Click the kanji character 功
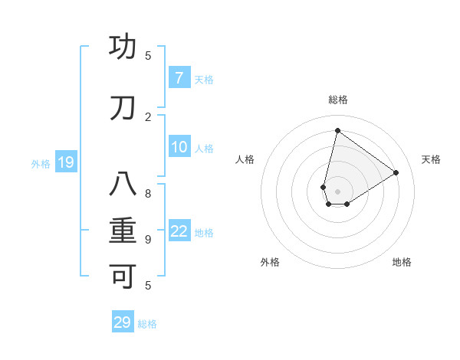(x=123, y=47)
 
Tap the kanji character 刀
(x=123, y=109)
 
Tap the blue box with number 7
(x=179, y=78)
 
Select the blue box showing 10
(x=179, y=147)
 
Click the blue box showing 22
(x=179, y=231)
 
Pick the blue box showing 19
(x=65, y=162)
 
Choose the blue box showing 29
(x=122, y=322)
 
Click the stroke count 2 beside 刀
(x=148, y=116)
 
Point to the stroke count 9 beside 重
(x=148, y=239)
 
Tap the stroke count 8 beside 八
(x=148, y=193)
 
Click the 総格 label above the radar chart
(x=338, y=100)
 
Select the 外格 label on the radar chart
(x=270, y=262)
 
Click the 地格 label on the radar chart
(x=402, y=262)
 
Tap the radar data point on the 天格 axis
(x=396, y=172)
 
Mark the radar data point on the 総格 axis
(x=337, y=130)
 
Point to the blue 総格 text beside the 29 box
(x=147, y=324)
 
